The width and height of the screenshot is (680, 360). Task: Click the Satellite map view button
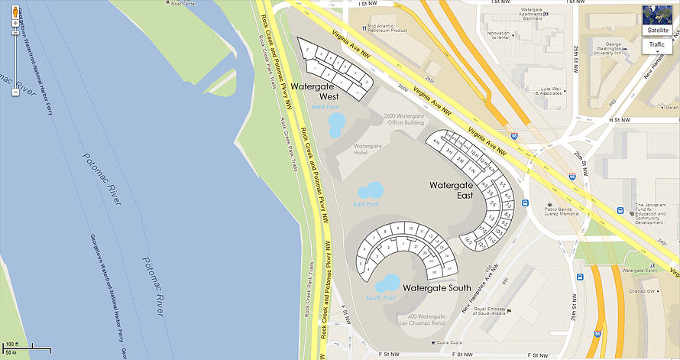[x=658, y=30]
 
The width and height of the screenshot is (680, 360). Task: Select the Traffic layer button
[x=657, y=45]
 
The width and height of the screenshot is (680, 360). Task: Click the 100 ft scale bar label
[x=13, y=345]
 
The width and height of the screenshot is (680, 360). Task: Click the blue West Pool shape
[x=335, y=125]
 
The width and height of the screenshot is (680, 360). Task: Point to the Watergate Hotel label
[x=368, y=149]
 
